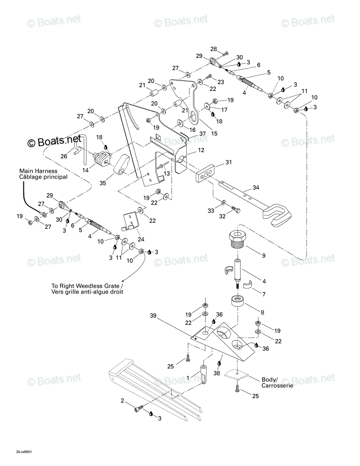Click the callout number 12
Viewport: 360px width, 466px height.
pyautogui.click(x=201, y=150)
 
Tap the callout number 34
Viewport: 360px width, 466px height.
pyautogui.click(x=256, y=188)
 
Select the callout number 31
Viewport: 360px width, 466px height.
pyautogui.click(x=229, y=162)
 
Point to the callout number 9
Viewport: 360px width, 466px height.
pyautogui.click(x=264, y=256)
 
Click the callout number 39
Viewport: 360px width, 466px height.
pyautogui.click(x=153, y=316)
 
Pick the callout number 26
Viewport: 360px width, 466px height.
pyautogui.click(x=64, y=156)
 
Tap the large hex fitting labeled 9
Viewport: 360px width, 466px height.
pyautogui.click(x=238, y=238)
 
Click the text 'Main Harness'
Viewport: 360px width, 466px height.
pyautogui.click(x=38, y=171)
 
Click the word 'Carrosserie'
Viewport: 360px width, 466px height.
pyautogui.click(x=277, y=385)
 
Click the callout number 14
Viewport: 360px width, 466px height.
pyautogui.click(x=85, y=170)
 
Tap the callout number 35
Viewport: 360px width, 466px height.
pyautogui.click(x=103, y=183)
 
